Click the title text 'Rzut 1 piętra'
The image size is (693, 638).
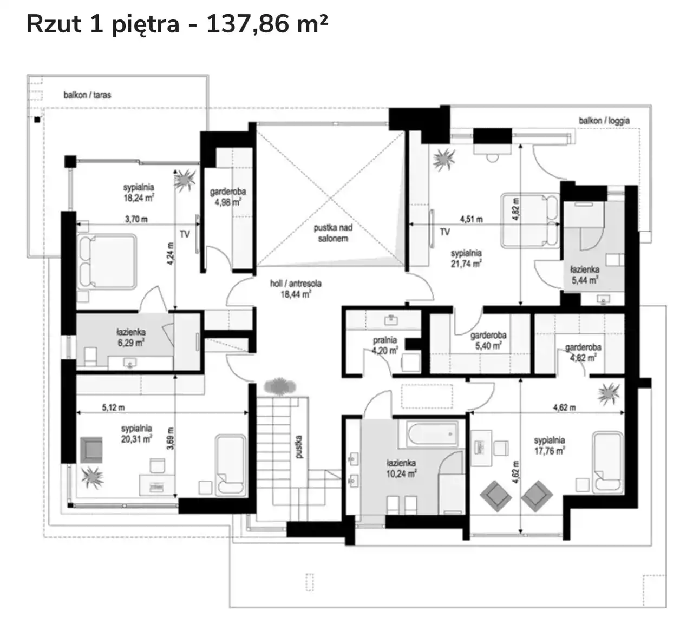tap(103, 25)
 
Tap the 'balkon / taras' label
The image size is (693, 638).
tap(87, 95)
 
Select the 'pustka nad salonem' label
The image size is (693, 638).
tap(333, 233)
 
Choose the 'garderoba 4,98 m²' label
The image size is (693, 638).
tap(227, 196)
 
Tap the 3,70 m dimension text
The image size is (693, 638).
tap(136, 219)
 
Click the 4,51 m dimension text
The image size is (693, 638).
tap(471, 219)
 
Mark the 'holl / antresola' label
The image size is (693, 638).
tap(296, 284)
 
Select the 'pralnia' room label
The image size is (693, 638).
tap(385, 340)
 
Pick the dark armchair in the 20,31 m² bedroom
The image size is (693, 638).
tap(91, 450)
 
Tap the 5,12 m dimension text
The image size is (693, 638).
tap(113, 407)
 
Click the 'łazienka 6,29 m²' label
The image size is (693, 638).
tap(130, 338)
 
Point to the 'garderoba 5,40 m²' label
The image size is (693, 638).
tap(488, 340)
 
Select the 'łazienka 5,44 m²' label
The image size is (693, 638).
tap(585, 274)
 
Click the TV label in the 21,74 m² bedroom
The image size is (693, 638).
tap(444, 232)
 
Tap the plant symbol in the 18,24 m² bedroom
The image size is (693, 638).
tap(185, 180)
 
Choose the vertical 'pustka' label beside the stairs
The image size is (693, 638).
tap(299, 446)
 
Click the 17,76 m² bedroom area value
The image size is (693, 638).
tap(550, 451)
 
